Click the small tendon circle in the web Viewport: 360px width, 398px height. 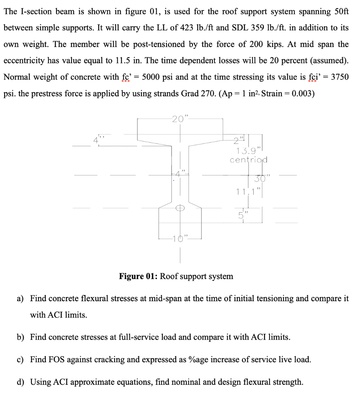pos(180,208)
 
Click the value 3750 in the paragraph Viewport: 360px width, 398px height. pos(339,77)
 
